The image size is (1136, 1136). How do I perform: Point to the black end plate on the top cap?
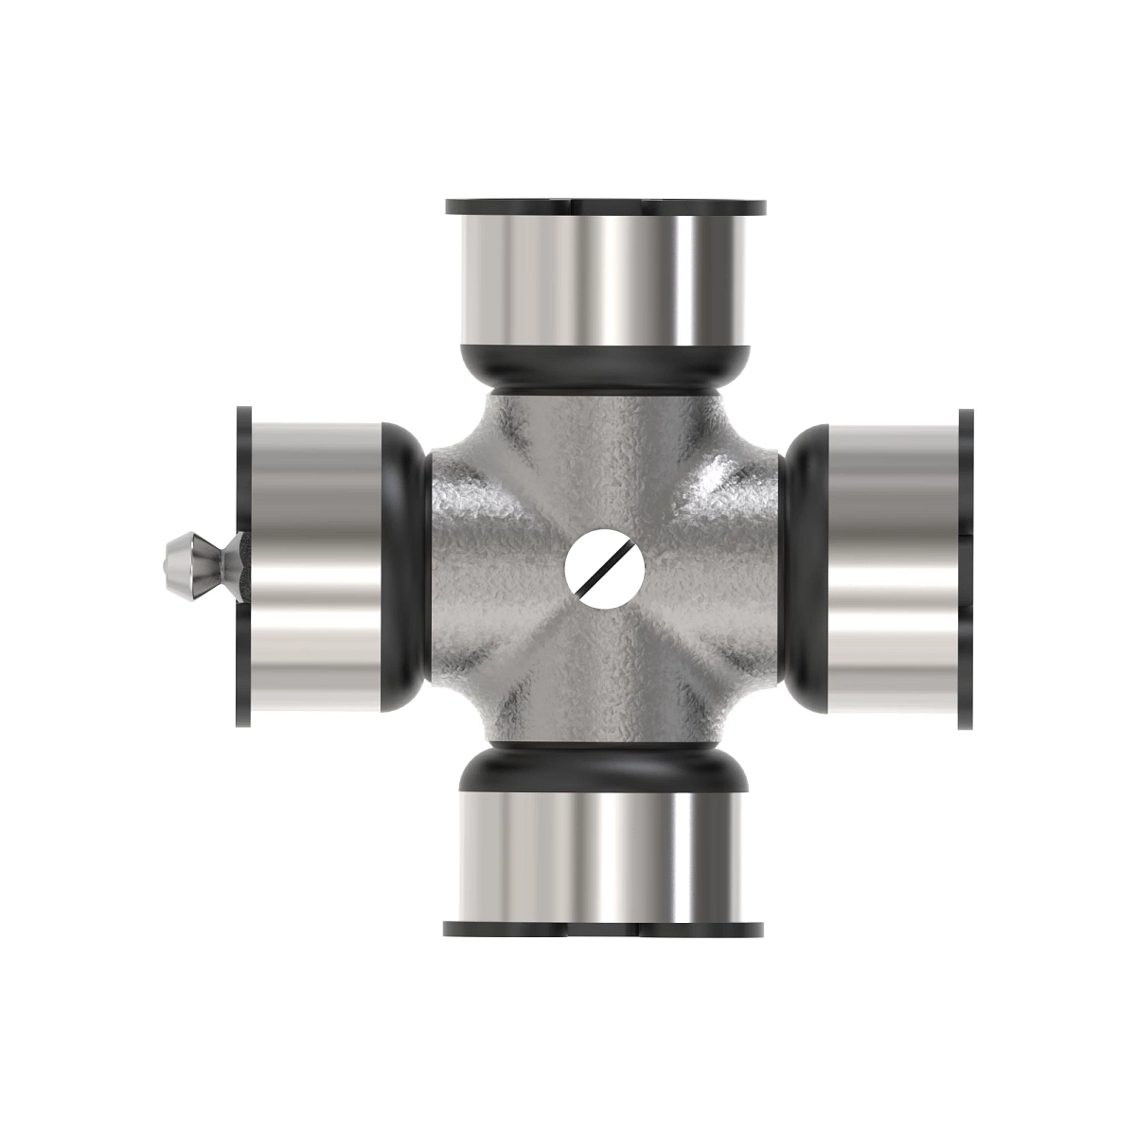click(605, 205)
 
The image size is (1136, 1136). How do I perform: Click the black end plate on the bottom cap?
click(605, 929)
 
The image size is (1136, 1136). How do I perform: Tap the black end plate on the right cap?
click(966, 568)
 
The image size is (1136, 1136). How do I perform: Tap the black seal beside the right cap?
click(803, 568)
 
